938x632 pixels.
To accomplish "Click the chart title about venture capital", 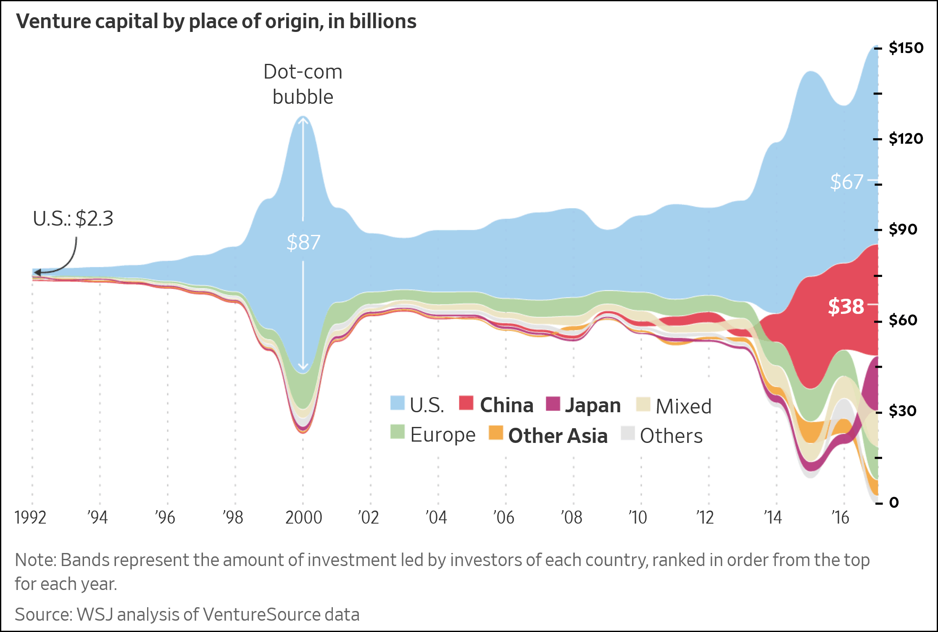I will [216, 21].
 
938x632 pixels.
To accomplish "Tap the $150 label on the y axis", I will [906, 48].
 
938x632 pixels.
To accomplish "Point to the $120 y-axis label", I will [906, 139].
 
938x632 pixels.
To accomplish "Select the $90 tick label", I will [903, 229].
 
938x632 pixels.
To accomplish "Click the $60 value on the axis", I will [903, 320].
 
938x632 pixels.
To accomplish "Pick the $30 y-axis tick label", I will [903, 411].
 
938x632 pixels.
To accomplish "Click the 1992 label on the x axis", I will [30, 518].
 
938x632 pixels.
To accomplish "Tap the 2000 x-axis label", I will [303, 518].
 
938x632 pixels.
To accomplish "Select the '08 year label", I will [572, 518].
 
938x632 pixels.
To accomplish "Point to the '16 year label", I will [841, 518].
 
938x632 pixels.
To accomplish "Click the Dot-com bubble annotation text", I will [303, 84].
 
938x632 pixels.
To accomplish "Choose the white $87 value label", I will [303, 242].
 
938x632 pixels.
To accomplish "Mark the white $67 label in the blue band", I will [846, 182].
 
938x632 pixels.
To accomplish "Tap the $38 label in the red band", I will [846, 306].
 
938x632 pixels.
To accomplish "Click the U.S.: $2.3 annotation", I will [73, 219].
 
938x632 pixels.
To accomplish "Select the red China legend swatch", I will [466, 403].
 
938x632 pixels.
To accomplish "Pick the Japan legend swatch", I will [553, 403].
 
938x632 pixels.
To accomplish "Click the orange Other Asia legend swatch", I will [496, 433].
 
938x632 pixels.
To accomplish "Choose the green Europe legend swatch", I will [397, 432].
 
